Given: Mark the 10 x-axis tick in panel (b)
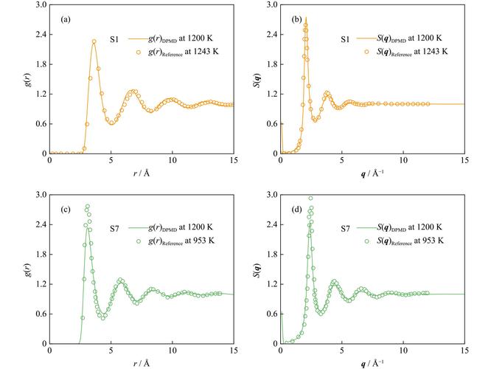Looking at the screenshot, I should point(403,159).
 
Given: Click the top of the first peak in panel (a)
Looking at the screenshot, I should point(94,41).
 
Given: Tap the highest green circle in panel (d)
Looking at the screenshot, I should point(310,198).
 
